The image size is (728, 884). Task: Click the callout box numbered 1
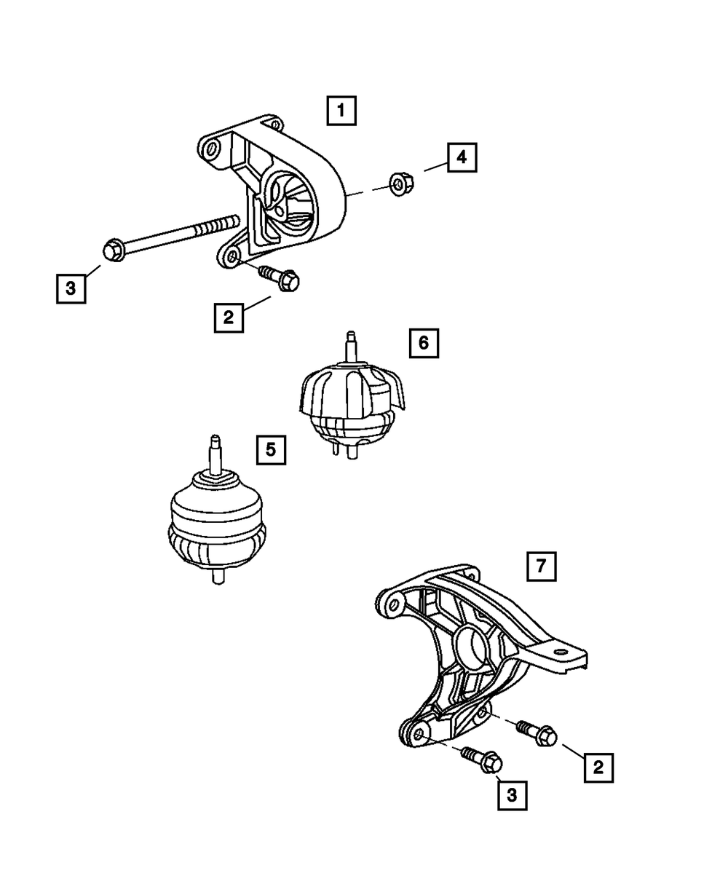[x=341, y=111]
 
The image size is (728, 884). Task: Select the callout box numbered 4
[x=462, y=157]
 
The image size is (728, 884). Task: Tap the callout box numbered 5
[x=271, y=449]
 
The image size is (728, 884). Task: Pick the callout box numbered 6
[x=424, y=342]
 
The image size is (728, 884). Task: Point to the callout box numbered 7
[x=542, y=567]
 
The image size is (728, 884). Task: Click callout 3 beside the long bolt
[x=71, y=288]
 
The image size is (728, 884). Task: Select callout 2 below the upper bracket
[x=229, y=317]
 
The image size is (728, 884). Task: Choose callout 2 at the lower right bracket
[x=598, y=767]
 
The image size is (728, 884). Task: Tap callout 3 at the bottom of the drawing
[x=512, y=796]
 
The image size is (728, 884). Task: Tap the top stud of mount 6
[x=351, y=345]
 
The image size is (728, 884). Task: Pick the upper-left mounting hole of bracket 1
[x=212, y=150]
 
